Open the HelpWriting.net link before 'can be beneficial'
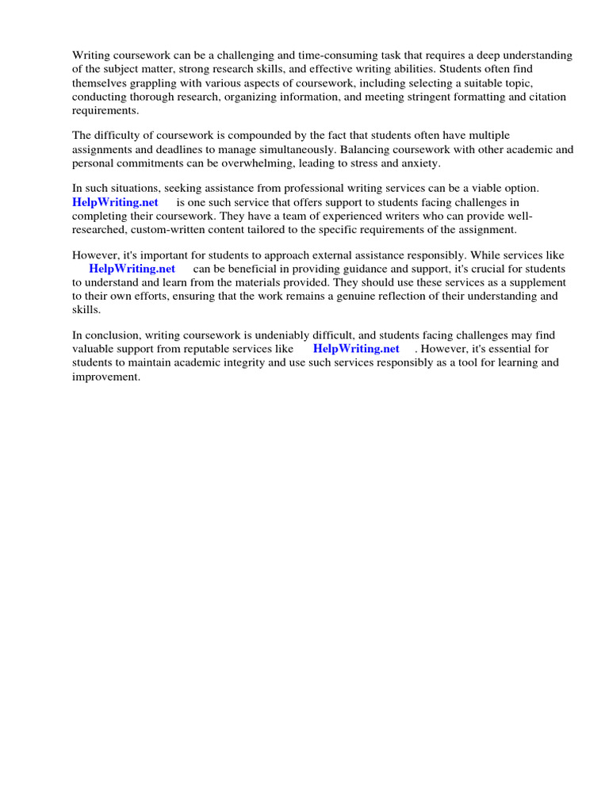point(132,268)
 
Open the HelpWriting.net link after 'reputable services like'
point(356,348)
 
